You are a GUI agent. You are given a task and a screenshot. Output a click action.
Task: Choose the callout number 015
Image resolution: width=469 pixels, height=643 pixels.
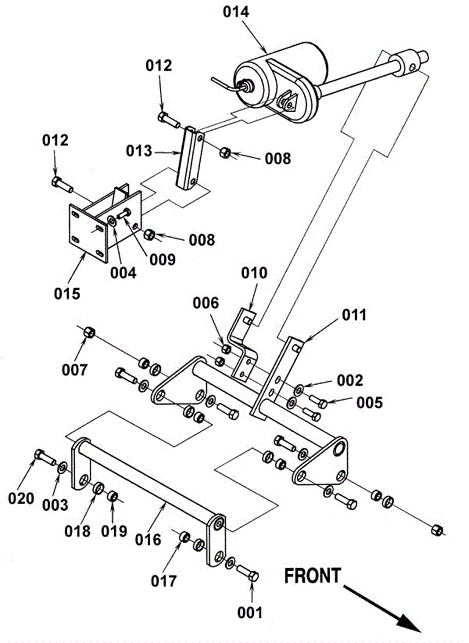pos(67,294)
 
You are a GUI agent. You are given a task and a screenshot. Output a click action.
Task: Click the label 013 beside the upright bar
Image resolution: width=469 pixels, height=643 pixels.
pos(139,151)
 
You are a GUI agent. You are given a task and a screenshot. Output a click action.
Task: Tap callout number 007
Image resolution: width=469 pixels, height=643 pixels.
pos(74,370)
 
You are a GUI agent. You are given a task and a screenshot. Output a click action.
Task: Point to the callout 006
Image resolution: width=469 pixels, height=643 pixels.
pos(206,303)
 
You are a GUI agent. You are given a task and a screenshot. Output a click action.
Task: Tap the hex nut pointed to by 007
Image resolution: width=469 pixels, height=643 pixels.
pos(89,332)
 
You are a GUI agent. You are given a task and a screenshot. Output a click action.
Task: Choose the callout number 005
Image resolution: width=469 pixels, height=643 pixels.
pos(369,402)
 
